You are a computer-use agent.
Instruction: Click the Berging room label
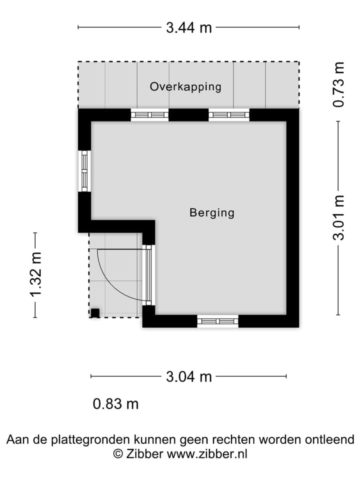click(211, 213)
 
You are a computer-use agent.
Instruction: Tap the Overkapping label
click(185, 87)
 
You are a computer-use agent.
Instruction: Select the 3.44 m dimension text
click(189, 27)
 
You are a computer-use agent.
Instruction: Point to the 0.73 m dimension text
click(339, 84)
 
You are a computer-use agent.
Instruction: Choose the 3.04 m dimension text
click(189, 376)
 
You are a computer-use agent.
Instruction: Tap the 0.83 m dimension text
click(116, 404)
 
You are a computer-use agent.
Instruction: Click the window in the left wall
click(84, 171)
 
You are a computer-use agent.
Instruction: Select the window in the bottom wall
click(217, 321)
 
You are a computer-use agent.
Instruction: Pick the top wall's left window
click(149, 115)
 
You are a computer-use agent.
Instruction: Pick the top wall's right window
click(228, 115)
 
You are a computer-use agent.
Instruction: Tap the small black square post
click(94, 313)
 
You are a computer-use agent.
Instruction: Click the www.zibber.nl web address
click(206, 454)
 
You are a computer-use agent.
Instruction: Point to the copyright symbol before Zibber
click(118, 454)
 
